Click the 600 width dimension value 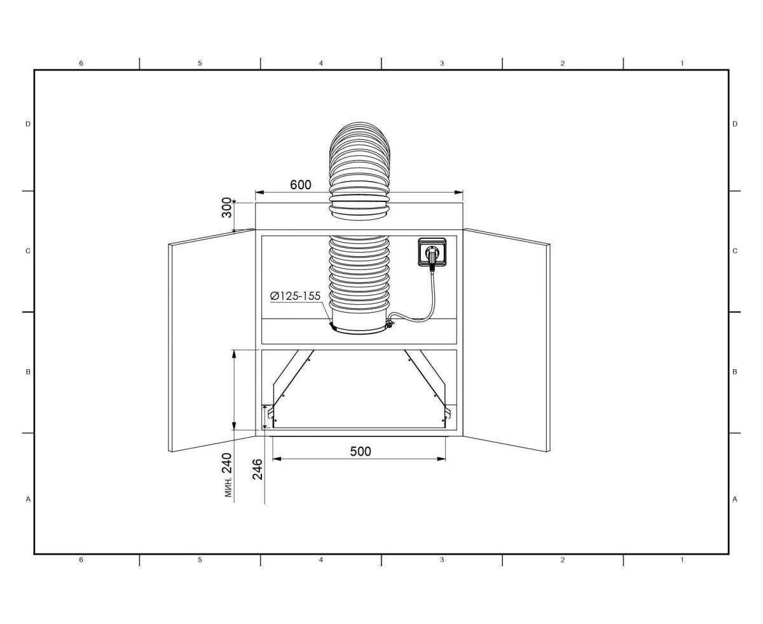[x=300, y=185]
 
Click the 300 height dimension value [x=226, y=208]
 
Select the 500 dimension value [x=361, y=452]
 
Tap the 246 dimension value [x=258, y=469]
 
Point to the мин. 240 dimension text [x=228, y=475]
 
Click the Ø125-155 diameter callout [x=295, y=296]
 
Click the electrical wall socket [x=432, y=252]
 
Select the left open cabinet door [x=212, y=340]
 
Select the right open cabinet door [x=507, y=340]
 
